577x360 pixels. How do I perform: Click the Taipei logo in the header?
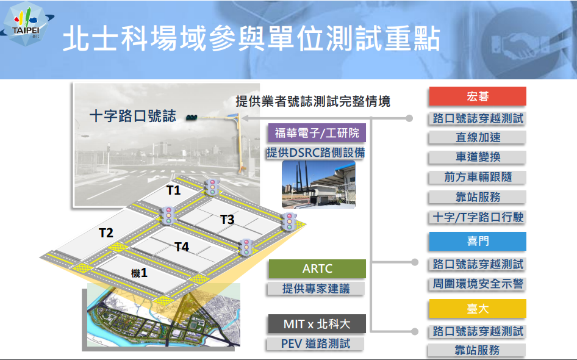pyautogui.click(x=26, y=24)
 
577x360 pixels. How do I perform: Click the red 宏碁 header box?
pyautogui.click(x=478, y=96)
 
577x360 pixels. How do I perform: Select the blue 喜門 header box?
pyautogui.click(x=478, y=241)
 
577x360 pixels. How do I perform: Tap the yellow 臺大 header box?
pyautogui.click(x=478, y=309)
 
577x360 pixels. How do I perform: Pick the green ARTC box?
pyautogui.click(x=317, y=268)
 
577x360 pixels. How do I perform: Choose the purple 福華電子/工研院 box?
pyautogui.click(x=317, y=132)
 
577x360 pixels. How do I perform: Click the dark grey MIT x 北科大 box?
pyautogui.click(x=317, y=324)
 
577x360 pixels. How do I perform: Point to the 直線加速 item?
pyautogui.click(x=478, y=138)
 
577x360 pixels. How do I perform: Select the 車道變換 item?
pyautogui.click(x=478, y=157)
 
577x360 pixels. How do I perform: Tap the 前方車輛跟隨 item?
pyautogui.click(x=478, y=177)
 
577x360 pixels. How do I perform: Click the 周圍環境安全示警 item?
pyautogui.click(x=478, y=284)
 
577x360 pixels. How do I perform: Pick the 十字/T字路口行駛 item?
pyautogui.click(x=478, y=217)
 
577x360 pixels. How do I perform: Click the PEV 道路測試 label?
pyautogui.click(x=316, y=344)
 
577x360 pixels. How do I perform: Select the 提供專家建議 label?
pyautogui.click(x=316, y=289)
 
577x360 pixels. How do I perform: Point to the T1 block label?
pyautogui.click(x=173, y=190)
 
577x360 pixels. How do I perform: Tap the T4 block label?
pyautogui.click(x=182, y=247)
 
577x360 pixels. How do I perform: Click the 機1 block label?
pyautogui.click(x=139, y=273)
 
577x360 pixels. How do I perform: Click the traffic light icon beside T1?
pyautogui.click(x=212, y=187)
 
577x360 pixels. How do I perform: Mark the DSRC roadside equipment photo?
pyautogui.click(x=318, y=184)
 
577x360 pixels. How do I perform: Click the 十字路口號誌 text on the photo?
pyautogui.click(x=133, y=116)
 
